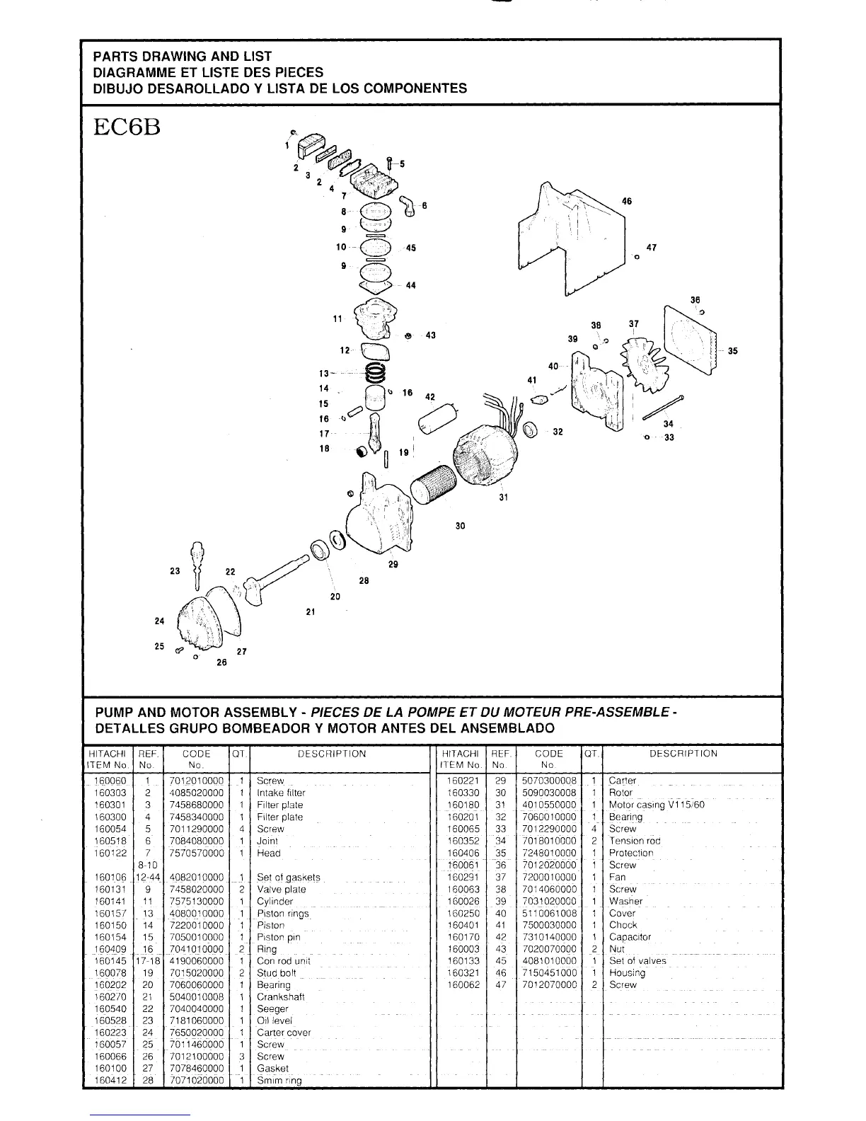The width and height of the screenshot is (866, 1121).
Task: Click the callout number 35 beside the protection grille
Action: click(732, 350)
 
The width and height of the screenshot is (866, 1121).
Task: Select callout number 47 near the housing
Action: click(651, 248)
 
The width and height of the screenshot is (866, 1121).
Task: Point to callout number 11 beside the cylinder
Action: click(338, 318)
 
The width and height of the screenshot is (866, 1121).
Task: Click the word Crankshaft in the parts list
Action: click(281, 996)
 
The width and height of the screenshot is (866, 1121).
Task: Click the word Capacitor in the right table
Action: click(630, 937)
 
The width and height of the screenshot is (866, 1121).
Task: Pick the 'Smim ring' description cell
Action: click(279, 1081)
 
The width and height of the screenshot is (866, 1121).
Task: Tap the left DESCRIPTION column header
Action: click(332, 754)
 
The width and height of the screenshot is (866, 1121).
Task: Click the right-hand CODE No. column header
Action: click(548, 759)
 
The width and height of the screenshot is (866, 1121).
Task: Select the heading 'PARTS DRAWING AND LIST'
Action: click(183, 56)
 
